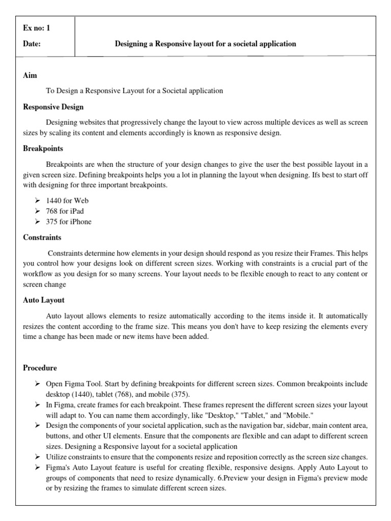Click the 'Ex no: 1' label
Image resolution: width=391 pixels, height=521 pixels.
point(37,28)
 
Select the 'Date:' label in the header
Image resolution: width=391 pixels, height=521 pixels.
point(32,44)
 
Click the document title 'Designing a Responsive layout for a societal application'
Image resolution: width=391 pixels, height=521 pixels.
point(205,44)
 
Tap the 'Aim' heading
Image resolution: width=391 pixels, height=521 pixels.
point(30,76)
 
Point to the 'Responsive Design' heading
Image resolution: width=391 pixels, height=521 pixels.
point(53,107)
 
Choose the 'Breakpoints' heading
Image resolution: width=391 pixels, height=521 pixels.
point(43,149)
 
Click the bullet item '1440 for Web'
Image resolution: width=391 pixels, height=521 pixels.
point(67,200)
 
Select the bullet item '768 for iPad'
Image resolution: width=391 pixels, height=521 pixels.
point(65,211)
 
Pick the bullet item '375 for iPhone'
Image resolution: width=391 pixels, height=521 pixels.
point(69,222)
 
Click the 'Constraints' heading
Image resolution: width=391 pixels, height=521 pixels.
point(42,237)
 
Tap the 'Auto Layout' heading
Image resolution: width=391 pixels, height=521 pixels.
point(44,300)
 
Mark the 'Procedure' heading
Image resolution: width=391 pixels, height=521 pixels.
point(40,367)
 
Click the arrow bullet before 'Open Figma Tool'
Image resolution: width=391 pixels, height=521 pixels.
point(38,383)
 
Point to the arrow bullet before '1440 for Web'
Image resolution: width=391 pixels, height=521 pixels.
point(38,200)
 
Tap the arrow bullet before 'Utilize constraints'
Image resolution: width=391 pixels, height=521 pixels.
point(38,457)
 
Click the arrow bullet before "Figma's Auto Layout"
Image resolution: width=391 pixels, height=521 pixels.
point(38,467)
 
